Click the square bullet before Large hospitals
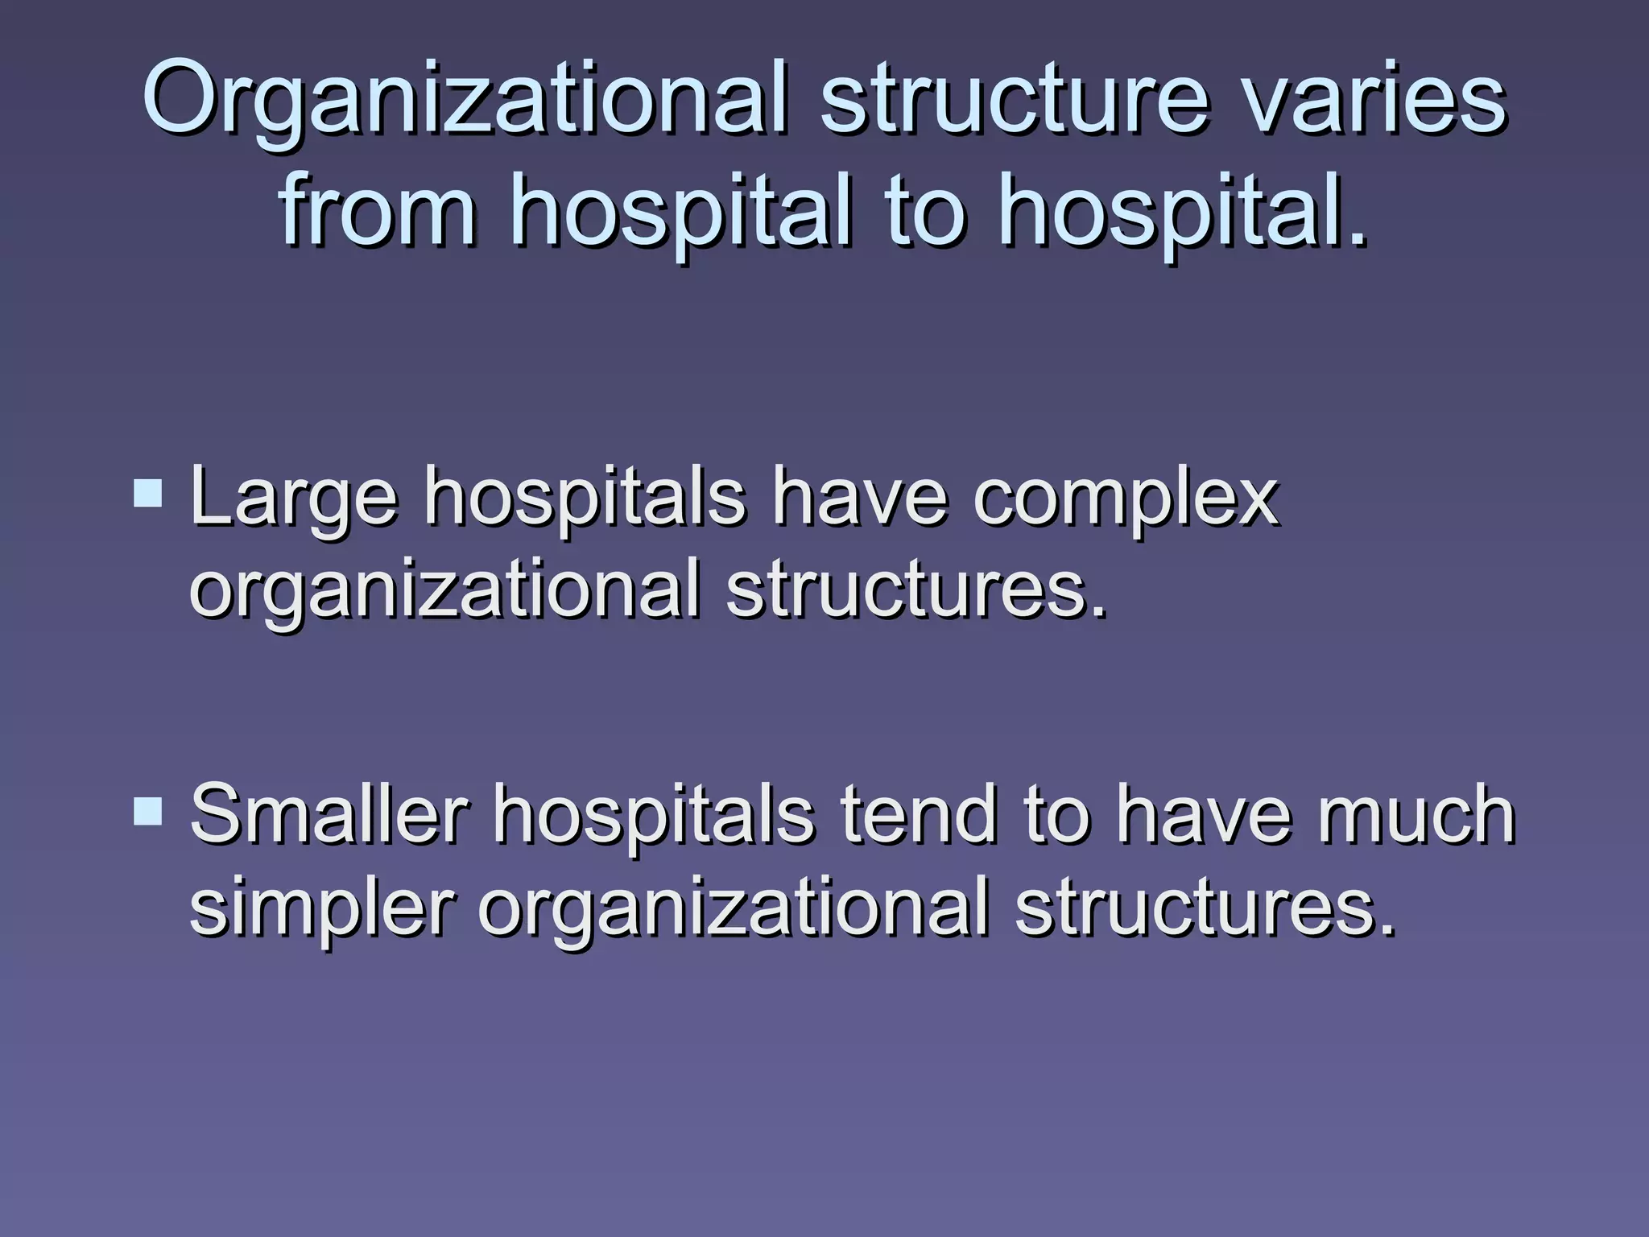pyautogui.click(x=147, y=492)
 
